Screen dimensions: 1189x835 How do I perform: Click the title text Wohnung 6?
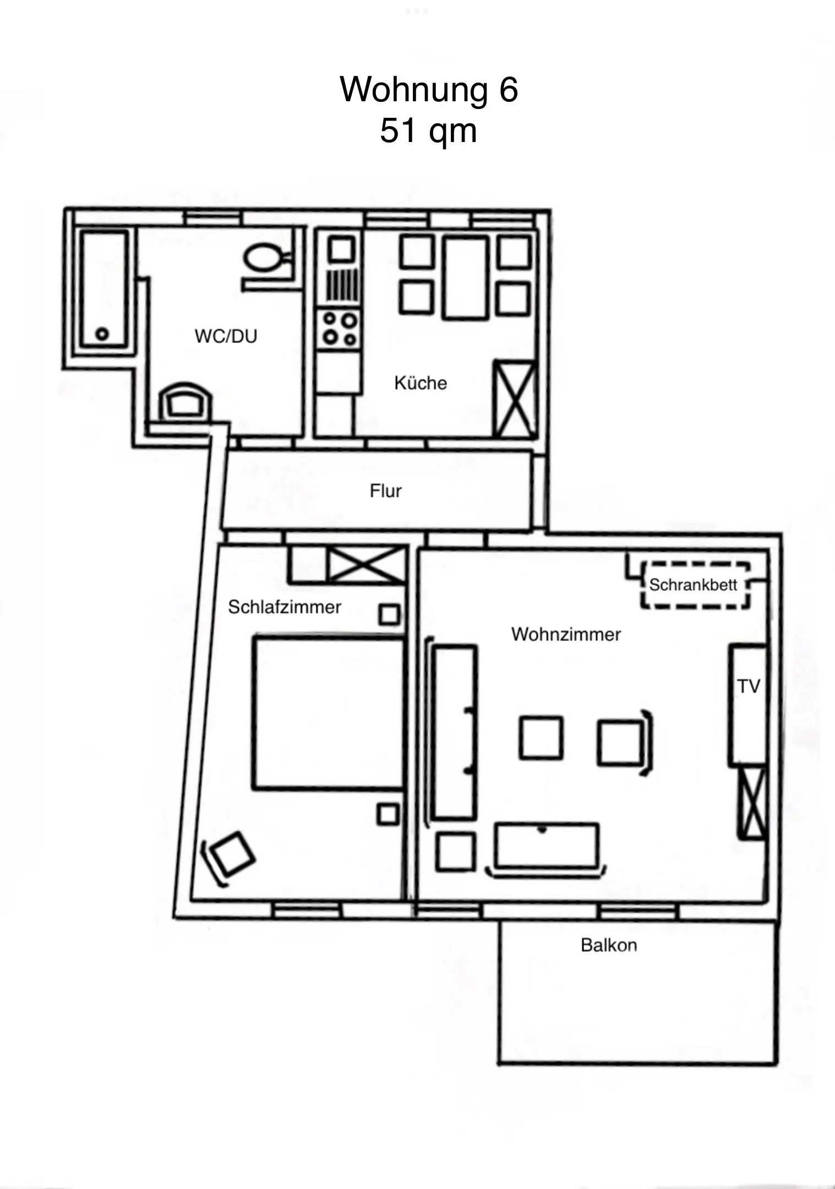point(429,89)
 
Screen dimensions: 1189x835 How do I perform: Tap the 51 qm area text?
point(428,131)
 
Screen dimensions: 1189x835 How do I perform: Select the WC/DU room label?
point(226,336)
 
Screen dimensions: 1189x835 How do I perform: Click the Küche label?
point(421,383)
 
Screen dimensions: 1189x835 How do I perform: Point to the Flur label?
point(385,491)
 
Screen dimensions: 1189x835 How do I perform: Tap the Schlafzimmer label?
point(285,607)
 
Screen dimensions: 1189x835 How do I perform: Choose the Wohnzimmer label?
point(566,634)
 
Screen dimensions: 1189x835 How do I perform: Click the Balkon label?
point(609,945)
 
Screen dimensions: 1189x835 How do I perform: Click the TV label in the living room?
point(749,686)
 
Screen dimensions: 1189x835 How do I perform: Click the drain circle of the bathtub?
point(102,334)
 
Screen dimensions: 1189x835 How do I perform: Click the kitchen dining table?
point(466,277)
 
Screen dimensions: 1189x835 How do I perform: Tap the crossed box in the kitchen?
point(515,399)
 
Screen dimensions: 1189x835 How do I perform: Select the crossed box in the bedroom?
point(365,564)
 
